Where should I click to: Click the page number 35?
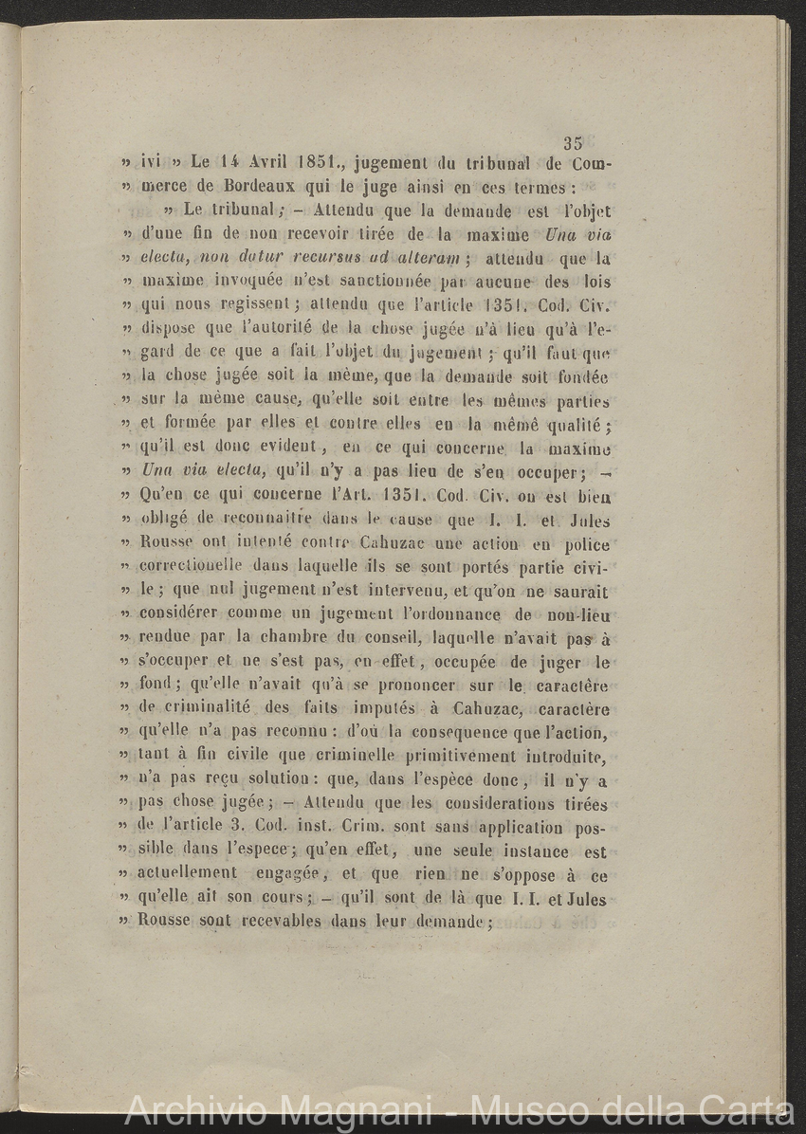click(572, 144)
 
